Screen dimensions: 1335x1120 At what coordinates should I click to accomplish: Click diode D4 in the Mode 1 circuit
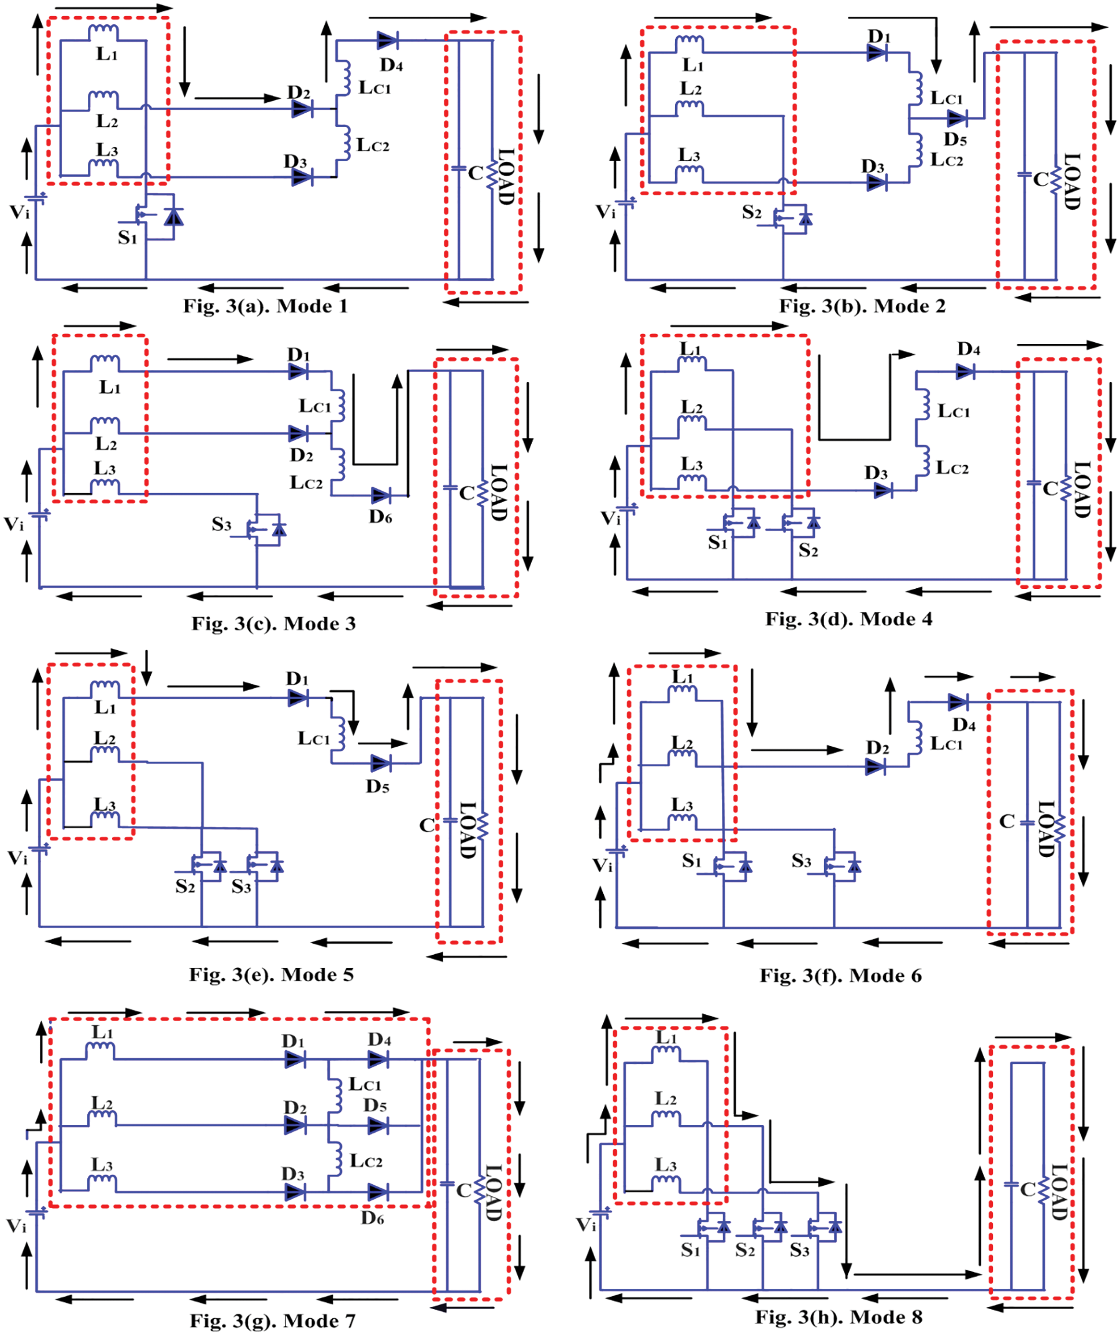[387, 40]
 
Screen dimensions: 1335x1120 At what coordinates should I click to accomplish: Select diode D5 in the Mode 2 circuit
[956, 118]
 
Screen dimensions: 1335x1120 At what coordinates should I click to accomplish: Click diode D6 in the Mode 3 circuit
[381, 495]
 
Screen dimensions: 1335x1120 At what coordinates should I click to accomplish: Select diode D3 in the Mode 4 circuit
[883, 490]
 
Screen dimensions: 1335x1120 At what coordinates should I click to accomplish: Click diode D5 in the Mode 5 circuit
[380, 763]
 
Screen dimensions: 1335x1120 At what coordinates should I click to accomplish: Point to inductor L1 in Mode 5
[105, 688]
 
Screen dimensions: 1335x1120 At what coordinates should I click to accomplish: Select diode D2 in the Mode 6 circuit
[876, 767]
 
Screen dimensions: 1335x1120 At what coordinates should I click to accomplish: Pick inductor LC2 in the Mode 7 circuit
[335, 1159]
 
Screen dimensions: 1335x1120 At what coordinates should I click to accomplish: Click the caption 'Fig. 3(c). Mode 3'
[273, 623]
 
